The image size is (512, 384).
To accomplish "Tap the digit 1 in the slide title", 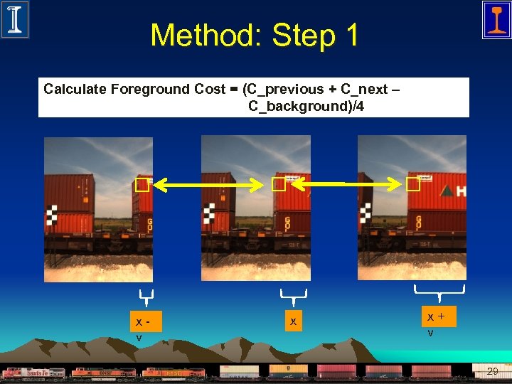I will pyautogui.click(x=350, y=36).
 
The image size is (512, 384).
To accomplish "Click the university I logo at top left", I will pyautogui.click(x=14, y=19).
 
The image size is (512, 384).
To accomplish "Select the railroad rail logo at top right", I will pyautogui.click(x=496, y=19).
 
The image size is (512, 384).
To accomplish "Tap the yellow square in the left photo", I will pyautogui.click(x=142, y=186).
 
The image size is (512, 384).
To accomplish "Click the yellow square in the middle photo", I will pyautogui.click(x=278, y=185).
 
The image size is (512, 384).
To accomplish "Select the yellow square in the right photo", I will pyautogui.click(x=413, y=185).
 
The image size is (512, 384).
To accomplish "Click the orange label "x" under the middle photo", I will pyautogui.click(x=292, y=321).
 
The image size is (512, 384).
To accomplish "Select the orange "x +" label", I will pyautogui.click(x=437, y=316).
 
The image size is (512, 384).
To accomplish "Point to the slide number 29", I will pyautogui.click(x=492, y=371).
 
